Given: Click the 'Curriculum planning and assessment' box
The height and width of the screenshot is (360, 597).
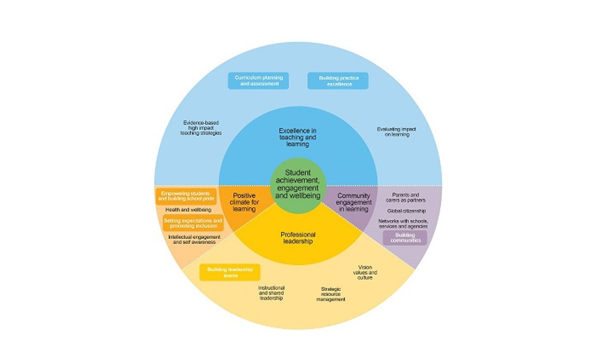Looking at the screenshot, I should (257, 81).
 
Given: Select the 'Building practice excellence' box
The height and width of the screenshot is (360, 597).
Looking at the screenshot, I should (338, 81).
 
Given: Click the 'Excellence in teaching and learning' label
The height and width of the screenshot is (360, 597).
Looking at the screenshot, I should (298, 137).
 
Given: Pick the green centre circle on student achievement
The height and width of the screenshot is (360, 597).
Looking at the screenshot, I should (298, 183).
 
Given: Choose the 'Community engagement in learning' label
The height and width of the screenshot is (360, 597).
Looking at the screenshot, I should (353, 202).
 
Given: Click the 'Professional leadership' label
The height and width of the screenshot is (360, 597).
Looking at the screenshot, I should (298, 238).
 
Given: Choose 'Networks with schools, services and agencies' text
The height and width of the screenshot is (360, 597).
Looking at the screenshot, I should (405, 224).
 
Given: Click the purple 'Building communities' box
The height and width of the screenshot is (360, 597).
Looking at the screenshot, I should (405, 238).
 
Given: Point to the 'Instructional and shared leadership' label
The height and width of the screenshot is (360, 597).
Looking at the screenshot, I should (271, 292).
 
